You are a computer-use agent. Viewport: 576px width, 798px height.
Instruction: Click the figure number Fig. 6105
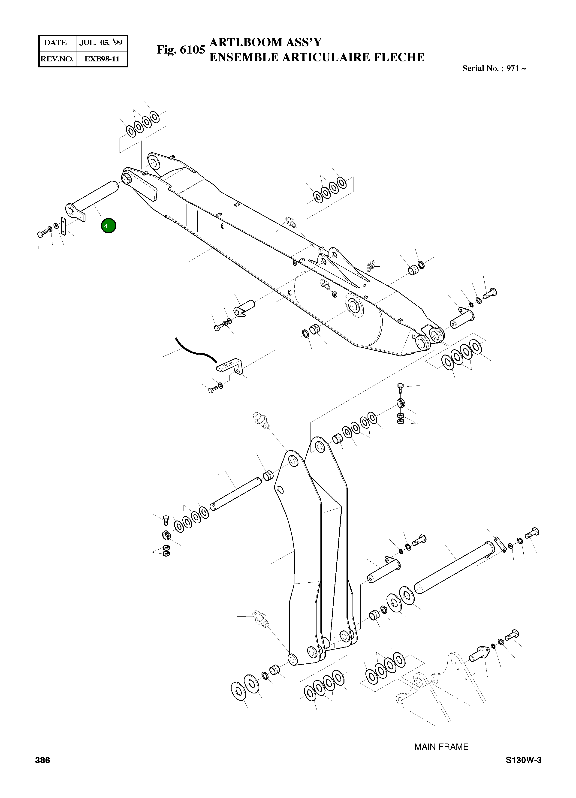pyautogui.click(x=181, y=50)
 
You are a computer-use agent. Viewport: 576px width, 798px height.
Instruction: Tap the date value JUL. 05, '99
pyautogui.click(x=101, y=43)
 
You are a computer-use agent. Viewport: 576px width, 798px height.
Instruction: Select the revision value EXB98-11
pyautogui.click(x=102, y=59)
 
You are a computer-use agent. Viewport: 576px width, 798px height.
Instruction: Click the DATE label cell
pyautogui.click(x=56, y=43)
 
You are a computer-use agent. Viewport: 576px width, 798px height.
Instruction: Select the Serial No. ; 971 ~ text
pyautogui.click(x=494, y=69)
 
